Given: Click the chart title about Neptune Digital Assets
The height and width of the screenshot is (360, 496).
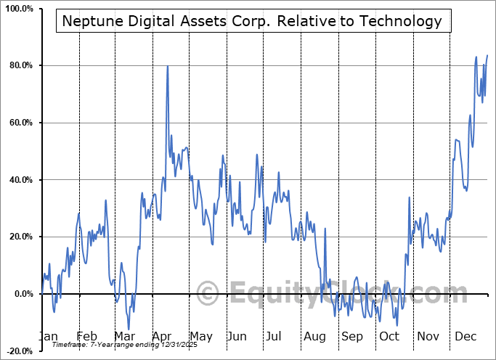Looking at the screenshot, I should [252, 21].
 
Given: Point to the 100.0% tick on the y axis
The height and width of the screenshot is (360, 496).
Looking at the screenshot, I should [17, 9].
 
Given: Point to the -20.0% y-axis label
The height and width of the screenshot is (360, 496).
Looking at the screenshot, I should [17, 351].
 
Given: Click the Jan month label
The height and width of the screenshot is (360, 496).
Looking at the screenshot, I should [48, 337].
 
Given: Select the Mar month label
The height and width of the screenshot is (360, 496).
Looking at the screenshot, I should [123, 337].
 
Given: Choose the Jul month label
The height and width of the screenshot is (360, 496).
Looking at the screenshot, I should [275, 337].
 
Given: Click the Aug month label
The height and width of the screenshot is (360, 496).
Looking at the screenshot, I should [314, 337].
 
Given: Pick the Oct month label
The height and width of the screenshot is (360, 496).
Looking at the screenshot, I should [390, 337].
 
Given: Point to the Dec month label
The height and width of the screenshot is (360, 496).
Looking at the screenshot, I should [465, 337].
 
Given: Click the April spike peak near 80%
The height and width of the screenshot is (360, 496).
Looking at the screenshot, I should [168, 66].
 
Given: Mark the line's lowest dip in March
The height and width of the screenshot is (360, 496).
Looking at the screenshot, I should [129, 330].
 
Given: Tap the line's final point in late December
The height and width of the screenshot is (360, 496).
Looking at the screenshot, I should [487, 55].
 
